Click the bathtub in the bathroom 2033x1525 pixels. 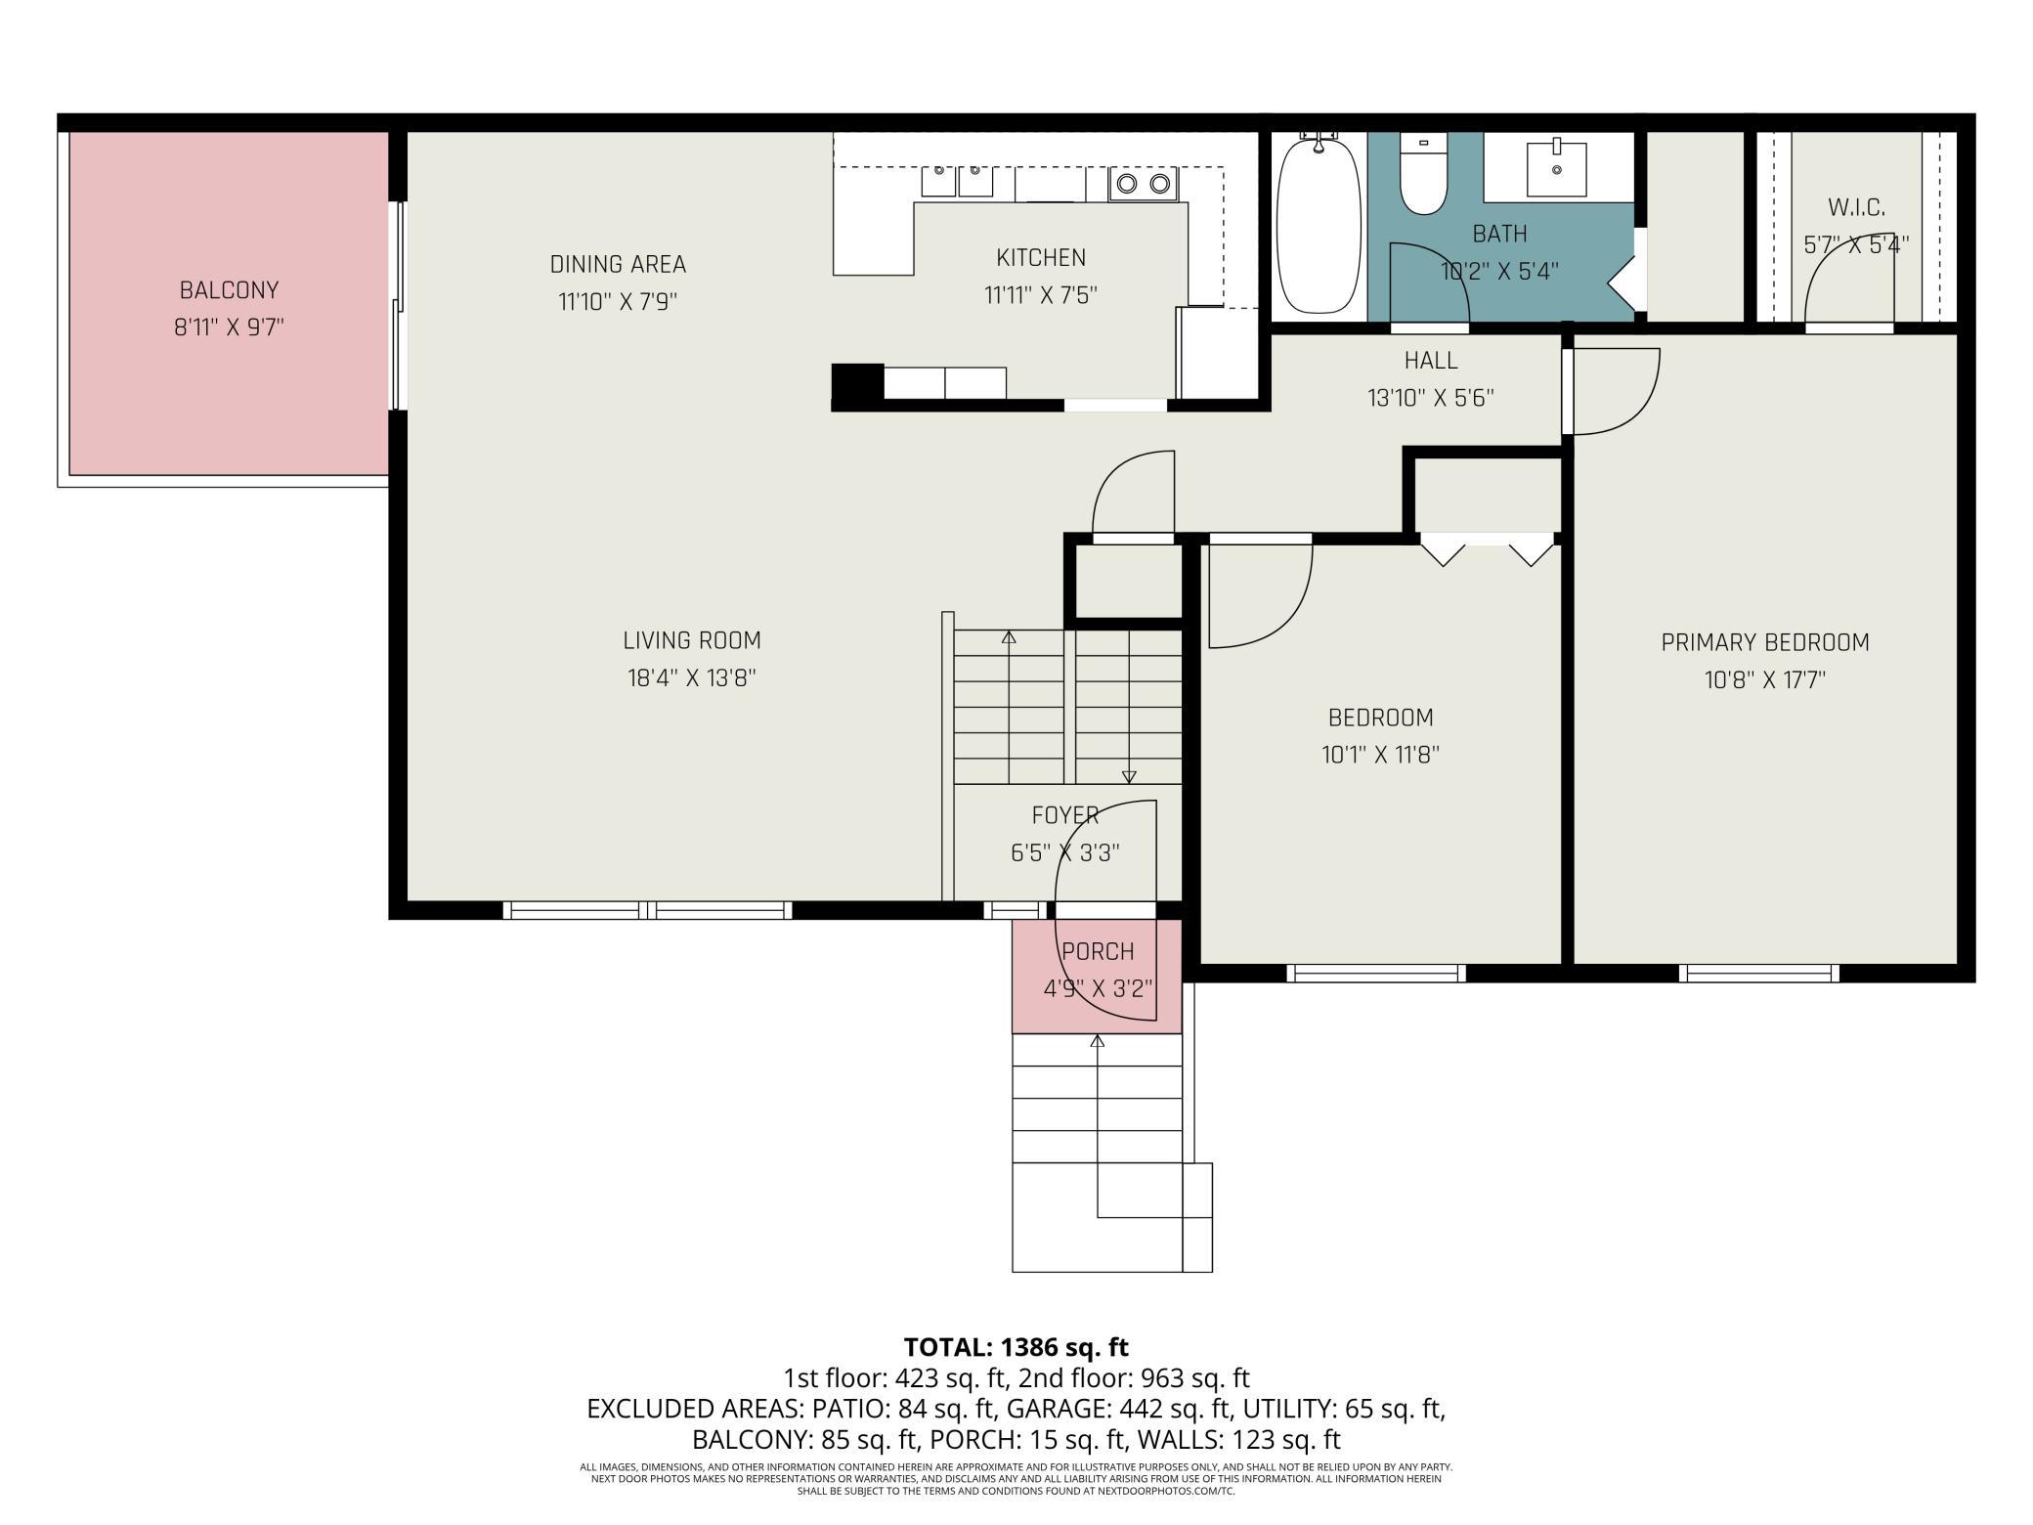(x=1319, y=225)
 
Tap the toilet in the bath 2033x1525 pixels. (x=1423, y=173)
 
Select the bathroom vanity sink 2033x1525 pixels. (x=1556, y=167)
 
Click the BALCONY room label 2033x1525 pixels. (x=229, y=290)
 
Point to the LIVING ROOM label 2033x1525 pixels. (x=692, y=640)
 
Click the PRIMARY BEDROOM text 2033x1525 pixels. (x=1765, y=642)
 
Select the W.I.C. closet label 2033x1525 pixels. (x=1856, y=207)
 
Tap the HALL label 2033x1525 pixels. (x=1431, y=360)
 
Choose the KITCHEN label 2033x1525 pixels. (x=1041, y=257)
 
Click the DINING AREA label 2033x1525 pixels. (x=618, y=264)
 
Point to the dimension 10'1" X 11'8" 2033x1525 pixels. (x=1380, y=755)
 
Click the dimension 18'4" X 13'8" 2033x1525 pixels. (x=692, y=678)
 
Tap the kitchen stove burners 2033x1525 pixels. (x=1144, y=183)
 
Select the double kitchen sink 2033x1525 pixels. (x=957, y=181)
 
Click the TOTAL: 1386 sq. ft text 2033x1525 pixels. (x=1016, y=1347)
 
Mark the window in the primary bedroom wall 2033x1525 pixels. (x=1759, y=973)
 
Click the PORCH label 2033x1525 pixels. (x=1098, y=951)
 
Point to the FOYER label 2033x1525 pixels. (x=1065, y=815)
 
